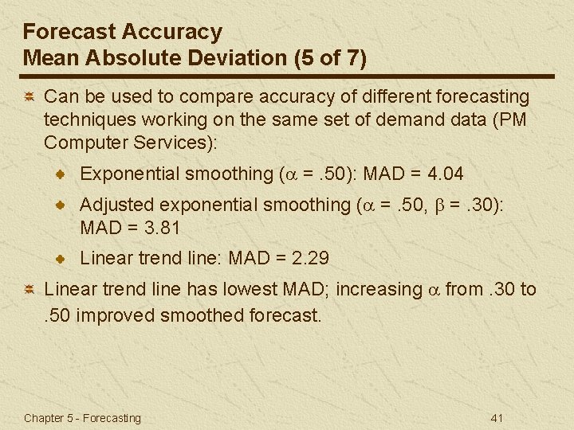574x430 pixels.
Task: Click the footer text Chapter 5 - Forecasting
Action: (82, 417)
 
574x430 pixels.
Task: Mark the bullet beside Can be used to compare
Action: (28, 97)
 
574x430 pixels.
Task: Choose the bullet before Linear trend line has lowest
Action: (28, 290)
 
